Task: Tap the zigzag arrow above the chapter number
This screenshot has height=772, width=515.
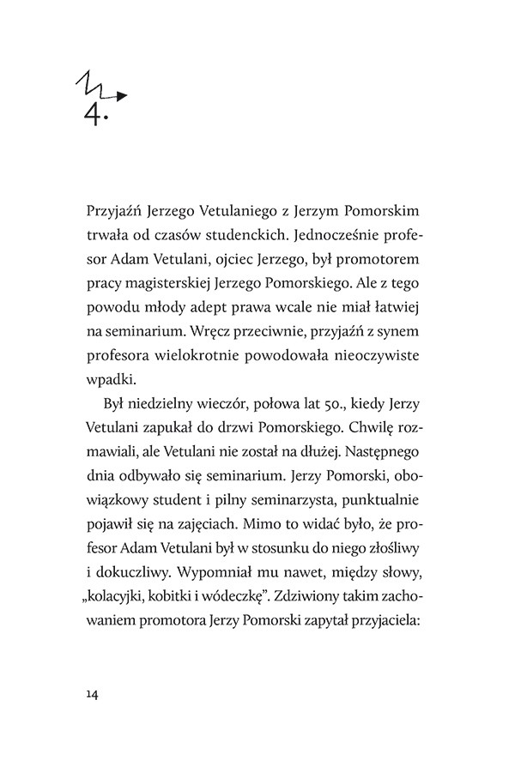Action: (x=101, y=85)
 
